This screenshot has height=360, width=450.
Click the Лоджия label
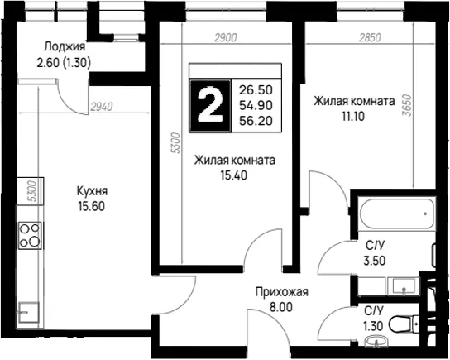[65, 46]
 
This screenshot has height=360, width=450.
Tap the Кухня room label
[92, 191]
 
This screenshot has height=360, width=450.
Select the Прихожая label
[282, 291]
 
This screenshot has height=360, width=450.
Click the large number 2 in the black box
[210, 106]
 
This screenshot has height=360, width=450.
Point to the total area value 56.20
[256, 121]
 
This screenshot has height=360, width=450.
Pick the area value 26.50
[256, 90]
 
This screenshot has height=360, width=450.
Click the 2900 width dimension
[226, 37]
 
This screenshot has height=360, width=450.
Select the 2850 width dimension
[371, 37]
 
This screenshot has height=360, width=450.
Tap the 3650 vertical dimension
[407, 105]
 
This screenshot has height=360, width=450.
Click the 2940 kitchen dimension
[102, 107]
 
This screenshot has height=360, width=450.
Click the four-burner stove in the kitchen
[30, 235]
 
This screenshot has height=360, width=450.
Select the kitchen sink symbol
[29, 313]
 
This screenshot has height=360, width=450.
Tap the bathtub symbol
[398, 214]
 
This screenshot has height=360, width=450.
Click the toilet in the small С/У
[404, 324]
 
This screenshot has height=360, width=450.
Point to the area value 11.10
[353, 117]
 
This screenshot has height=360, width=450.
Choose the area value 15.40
[233, 175]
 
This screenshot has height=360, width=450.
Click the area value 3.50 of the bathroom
[375, 261]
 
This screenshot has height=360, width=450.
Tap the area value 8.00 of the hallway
[281, 307]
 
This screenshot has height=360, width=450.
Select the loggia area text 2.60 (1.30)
[64, 62]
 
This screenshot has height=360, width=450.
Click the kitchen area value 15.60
[92, 206]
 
